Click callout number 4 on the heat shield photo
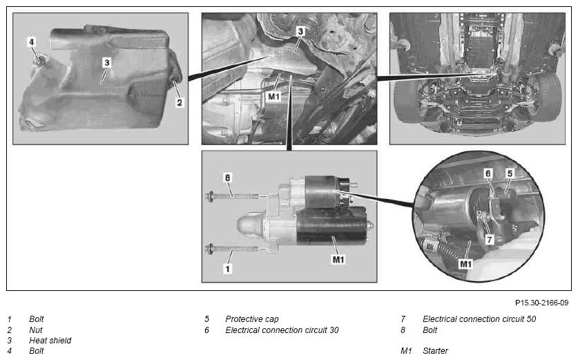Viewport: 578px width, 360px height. tap(31, 42)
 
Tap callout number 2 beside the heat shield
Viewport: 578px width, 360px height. tap(180, 102)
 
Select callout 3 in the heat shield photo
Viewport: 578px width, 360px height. tap(107, 63)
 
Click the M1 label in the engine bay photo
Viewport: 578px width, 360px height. tap(273, 97)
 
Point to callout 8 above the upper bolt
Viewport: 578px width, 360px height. tap(227, 178)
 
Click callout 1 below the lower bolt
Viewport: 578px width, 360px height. tap(227, 269)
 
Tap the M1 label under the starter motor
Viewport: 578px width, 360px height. tap(338, 260)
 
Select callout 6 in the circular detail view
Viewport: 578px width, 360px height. tap(488, 173)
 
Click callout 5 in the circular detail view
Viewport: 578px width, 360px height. tap(510, 173)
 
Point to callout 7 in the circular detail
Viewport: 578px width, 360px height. tap(489, 239)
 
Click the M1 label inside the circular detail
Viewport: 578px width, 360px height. tap(465, 264)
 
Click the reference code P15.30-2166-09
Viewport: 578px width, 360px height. tap(541, 303)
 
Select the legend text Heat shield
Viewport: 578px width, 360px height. tap(50, 341)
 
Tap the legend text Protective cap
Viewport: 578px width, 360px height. tap(252, 319)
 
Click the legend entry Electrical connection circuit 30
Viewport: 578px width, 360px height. tap(282, 330)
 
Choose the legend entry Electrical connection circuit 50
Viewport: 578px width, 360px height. tap(479, 319)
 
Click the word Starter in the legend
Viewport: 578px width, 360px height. tap(435, 351)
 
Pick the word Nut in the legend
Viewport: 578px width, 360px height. tap(36, 330)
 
